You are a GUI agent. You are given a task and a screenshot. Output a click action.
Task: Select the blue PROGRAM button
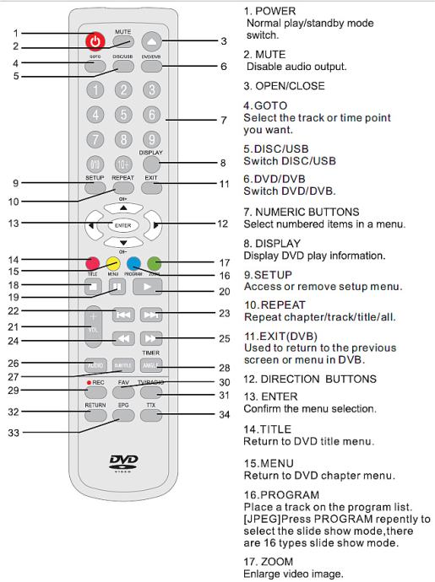pos(133,261)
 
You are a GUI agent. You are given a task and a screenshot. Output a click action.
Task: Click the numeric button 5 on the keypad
pos(123,115)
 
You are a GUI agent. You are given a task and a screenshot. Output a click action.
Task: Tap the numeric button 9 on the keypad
pos(151,139)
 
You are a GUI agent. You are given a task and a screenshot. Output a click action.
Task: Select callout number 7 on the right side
pos(223,121)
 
